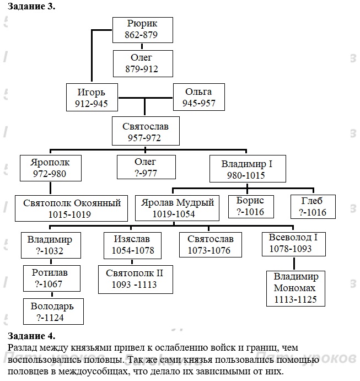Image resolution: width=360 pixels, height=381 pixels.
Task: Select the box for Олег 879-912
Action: coord(142,63)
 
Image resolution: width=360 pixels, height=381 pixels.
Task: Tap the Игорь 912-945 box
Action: coord(92,97)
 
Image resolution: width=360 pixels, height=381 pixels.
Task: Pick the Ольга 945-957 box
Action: coord(198,97)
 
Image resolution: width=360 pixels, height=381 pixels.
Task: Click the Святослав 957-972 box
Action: coord(145,132)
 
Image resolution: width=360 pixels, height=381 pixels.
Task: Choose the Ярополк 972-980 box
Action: coord(51,168)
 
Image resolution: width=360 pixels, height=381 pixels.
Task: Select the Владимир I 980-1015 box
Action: coord(246,169)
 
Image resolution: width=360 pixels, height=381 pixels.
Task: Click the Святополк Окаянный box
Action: coord(71,208)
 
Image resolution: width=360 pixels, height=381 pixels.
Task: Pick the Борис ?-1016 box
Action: coord(250,206)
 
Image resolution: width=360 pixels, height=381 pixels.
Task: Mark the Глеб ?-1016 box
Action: coord(312,206)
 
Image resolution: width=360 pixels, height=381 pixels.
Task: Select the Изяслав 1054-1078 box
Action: coord(131,245)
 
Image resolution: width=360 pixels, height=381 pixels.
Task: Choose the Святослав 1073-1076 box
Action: coord(211,245)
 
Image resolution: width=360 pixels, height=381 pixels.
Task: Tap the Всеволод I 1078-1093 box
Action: coord(293,243)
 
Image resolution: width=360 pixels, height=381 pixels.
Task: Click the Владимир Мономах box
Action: coord(295,288)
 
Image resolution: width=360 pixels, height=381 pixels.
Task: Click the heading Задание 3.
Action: coord(32,7)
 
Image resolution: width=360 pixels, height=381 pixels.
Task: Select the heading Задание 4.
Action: coord(32,335)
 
